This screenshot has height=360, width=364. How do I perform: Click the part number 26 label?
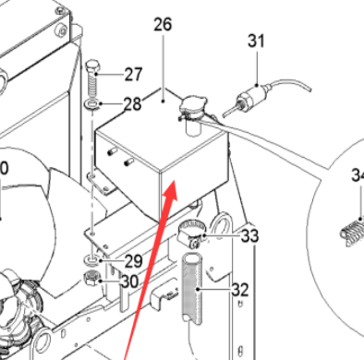point(163,25)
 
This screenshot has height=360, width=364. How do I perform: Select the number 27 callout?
point(134,75)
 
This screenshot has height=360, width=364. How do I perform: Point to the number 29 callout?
point(134,261)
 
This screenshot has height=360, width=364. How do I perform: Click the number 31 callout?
point(256,41)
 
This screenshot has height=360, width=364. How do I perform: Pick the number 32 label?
point(240,290)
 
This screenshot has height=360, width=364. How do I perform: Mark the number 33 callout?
point(249,237)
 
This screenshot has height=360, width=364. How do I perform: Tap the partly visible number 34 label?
point(357,174)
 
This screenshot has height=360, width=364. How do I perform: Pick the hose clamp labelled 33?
point(189,236)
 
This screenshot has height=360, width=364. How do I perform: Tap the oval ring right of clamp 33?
point(222,224)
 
